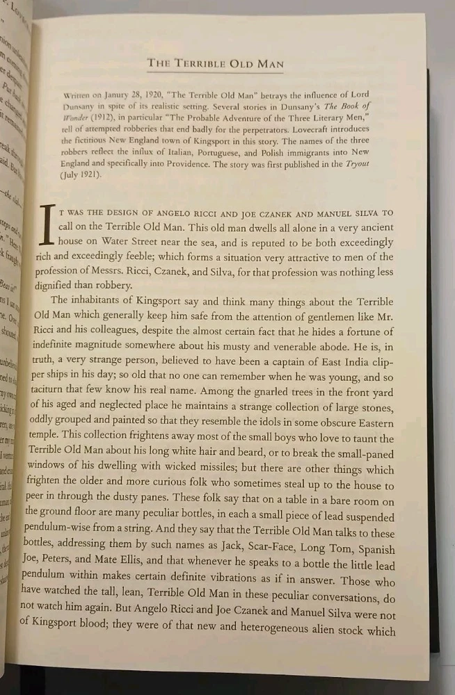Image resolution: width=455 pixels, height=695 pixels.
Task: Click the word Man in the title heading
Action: [x=269, y=64]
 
